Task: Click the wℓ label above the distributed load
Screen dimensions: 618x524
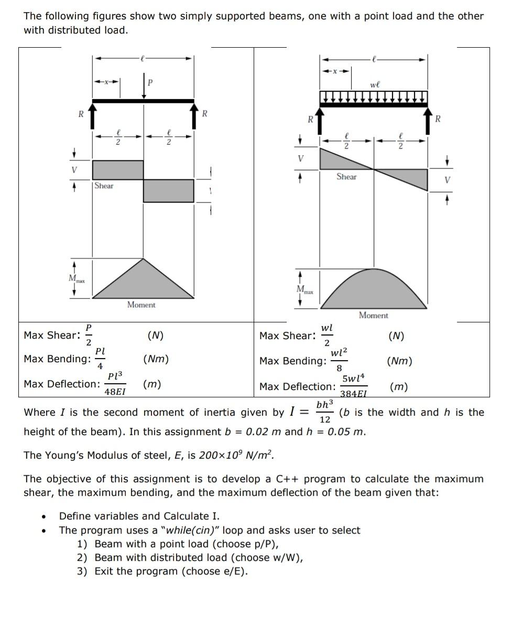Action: [x=375, y=84]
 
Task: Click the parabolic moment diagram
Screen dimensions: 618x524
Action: [x=373, y=291]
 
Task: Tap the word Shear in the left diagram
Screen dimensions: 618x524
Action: [x=104, y=186]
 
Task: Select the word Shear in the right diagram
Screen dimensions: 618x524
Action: [x=346, y=177]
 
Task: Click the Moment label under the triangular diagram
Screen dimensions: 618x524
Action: [x=141, y=305]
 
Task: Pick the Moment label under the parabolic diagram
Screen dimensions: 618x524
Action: [x=373, y=315]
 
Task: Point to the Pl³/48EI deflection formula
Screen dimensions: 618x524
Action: [x=115, y=384]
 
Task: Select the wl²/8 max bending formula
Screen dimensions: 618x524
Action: [x=339, y=360]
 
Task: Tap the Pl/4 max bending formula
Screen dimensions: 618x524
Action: [x=100, y=358]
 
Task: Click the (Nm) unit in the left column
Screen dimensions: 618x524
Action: [x=156, y=359]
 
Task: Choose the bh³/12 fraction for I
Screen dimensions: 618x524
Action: [x=325, y=412]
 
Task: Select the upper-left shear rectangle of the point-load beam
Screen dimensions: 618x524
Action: [x=118, y=170]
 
